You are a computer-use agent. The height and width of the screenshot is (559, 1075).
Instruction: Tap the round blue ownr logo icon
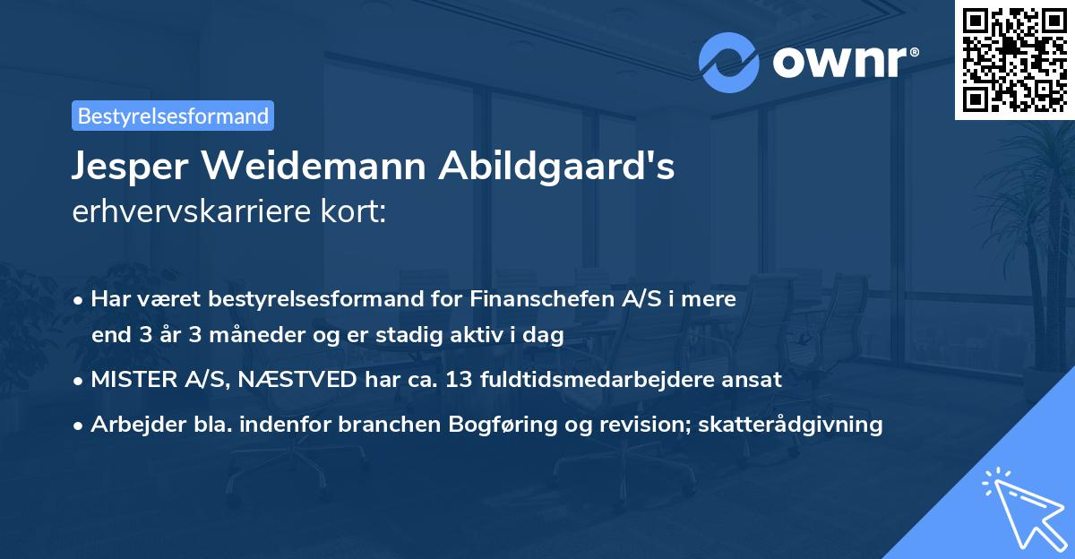pos(729,63)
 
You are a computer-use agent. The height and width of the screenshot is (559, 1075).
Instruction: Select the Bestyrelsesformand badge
pos(173,116)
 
